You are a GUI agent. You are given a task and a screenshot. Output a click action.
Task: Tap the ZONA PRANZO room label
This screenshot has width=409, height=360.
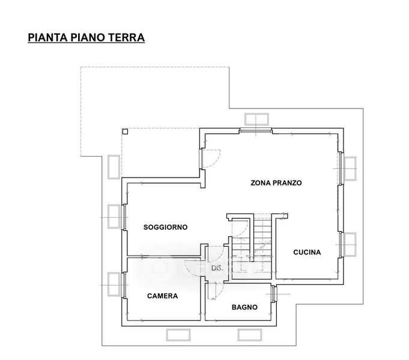click(276, 182)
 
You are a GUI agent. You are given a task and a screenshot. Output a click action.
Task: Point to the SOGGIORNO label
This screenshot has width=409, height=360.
click(165, 227)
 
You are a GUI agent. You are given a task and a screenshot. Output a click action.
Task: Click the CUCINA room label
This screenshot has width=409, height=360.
click(307, 252)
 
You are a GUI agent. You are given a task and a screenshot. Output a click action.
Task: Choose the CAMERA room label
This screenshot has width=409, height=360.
click(162, 296)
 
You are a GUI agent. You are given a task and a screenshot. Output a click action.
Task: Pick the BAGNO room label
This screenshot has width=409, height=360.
click(244, 307)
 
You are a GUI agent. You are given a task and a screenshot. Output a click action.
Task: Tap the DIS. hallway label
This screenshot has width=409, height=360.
click(217, 268)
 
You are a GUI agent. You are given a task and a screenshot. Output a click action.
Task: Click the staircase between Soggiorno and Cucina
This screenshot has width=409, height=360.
click(259, 237)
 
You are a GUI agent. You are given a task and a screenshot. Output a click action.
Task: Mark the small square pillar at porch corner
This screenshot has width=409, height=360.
click(124, 131)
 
